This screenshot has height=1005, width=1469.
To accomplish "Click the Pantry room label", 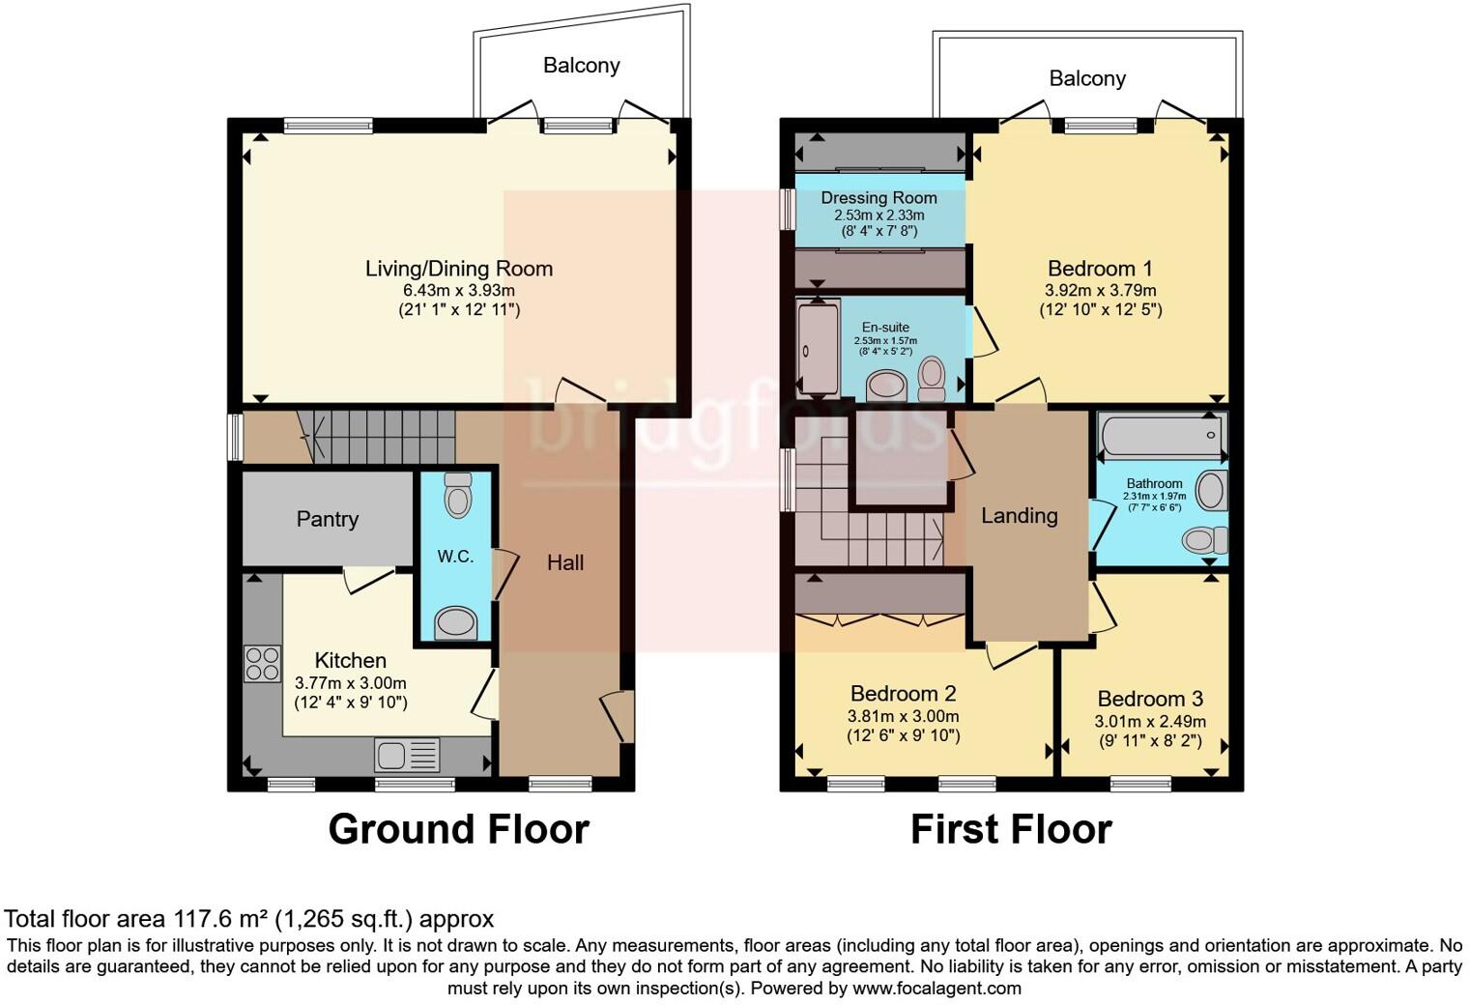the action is click(x=328, y=519).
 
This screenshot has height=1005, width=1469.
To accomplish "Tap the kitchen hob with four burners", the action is click(x=262, y=664).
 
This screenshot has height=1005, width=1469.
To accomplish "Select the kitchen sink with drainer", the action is click(x=407, y=754).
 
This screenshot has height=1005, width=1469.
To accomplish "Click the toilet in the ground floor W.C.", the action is click(x=458, y=495).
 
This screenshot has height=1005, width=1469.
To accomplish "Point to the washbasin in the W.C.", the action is click(x=456, y=622).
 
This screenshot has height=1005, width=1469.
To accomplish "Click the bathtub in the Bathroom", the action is click(x=1162, y=435).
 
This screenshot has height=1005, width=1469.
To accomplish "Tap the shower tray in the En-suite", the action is click(x=818, y=348).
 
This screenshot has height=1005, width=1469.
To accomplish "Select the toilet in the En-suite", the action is click(x=932, y=379).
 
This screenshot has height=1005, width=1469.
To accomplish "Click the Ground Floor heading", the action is click(x=458, y=829).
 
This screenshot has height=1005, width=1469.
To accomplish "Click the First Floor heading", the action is click(x=1011, y=829).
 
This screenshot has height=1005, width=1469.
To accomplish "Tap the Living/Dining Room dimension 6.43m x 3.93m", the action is click(x=458, y=290).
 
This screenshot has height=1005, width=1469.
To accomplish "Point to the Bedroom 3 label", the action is click(x=1150, y=699).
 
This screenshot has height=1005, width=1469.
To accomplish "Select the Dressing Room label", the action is click(x=879, y=197).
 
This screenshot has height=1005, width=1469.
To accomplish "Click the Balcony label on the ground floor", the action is click(x=581, y=66).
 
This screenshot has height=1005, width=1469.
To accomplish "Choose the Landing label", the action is click(x=1019, y=516).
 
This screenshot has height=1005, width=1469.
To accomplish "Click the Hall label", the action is click(x=565, y=562).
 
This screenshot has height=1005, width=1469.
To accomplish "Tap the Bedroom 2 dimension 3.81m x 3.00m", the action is click(x=903, y=716).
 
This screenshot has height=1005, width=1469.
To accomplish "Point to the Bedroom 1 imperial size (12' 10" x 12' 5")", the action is click(x=1101, y=309).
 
